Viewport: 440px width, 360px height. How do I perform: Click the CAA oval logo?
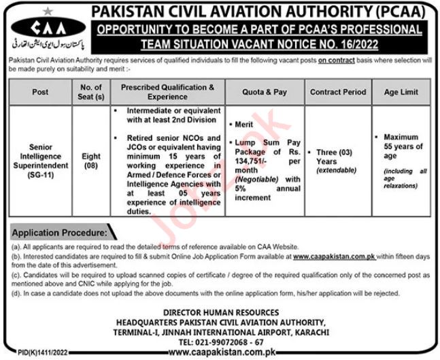45,29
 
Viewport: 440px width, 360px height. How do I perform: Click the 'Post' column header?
40,92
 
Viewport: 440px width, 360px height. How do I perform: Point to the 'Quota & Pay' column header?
265,92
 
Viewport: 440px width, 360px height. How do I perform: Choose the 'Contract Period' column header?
337,92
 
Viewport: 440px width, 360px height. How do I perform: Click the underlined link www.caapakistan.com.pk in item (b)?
337,255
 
